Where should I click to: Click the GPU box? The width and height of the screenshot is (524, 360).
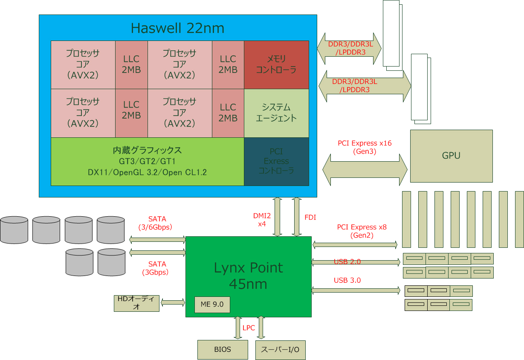[451, 156]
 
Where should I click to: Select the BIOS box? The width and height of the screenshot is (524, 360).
[223, 349]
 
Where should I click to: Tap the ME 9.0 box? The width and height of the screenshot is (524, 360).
[212, 305]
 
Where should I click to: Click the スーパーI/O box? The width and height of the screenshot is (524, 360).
[280, 350]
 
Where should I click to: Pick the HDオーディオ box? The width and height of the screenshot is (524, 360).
[136, 303]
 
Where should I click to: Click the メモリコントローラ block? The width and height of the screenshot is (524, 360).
[276, 64]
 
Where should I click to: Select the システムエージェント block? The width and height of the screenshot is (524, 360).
[276, 113]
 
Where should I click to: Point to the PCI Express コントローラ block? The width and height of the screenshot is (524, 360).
[276, 161]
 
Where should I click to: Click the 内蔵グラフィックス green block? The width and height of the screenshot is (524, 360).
[147, 161]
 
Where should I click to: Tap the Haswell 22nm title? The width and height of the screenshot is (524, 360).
[177, 28]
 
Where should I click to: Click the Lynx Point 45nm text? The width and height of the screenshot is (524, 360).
[248, 275]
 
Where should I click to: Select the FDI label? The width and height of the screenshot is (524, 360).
[310, 217]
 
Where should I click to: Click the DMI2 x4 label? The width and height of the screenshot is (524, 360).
[262, 220]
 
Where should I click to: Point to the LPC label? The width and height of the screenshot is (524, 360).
[249, 328]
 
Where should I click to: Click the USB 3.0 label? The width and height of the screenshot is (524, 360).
[347, 280]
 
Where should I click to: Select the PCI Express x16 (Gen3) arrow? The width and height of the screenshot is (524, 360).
[365, 170]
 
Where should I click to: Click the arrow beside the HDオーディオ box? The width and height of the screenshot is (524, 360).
[173, 302]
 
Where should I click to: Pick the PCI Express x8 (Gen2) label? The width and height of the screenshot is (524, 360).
[362, 231]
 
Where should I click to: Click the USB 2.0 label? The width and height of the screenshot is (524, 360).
[347, 261]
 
